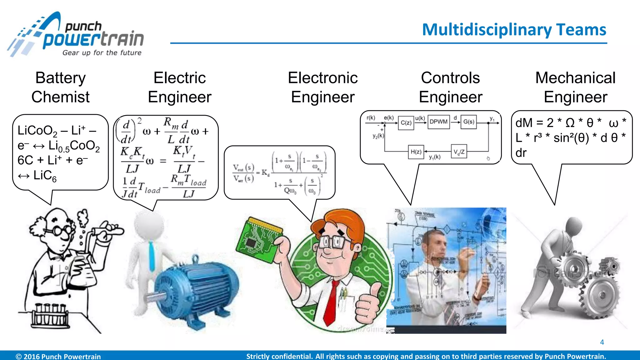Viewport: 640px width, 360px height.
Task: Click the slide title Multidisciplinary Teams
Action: [514, 30]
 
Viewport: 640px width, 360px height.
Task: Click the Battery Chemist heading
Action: [60, 87]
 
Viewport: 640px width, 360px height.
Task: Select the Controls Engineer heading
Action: [450, 87]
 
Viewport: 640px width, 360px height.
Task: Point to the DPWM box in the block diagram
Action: [438, 122]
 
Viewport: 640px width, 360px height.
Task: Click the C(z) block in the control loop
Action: [406, 123]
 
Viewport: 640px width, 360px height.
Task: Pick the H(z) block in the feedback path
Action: [416, 152]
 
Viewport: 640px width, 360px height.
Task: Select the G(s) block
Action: [468, 122]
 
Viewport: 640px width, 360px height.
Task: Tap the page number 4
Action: [602, 342]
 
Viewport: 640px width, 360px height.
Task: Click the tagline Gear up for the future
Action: [102, 53]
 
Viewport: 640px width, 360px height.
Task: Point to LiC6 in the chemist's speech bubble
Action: [45, 176]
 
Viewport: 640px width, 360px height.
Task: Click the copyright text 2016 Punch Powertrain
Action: [58, 356]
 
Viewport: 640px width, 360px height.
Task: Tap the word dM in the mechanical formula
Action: [524, 123]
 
